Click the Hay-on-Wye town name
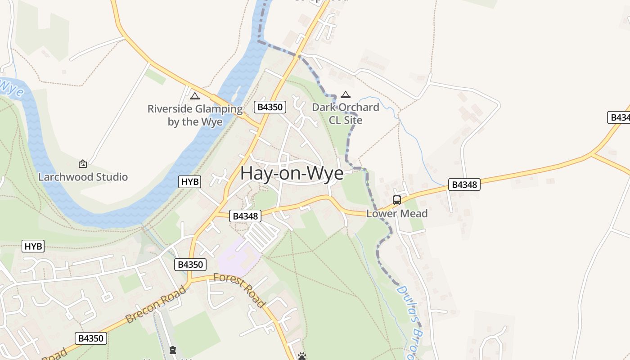tap(292, 174)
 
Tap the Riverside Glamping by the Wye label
tap(195, 115)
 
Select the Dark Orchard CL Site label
tap(346, 113)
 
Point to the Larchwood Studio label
tap(83, 177)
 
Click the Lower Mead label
tap(397, 213)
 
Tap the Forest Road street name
tap(239, 290)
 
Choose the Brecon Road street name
tap(156, 305)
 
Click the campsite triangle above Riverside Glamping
tap(194, 96)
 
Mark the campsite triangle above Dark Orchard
tap(345, 95)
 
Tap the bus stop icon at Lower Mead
tap(397, 200)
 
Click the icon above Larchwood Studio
tap(83, 164)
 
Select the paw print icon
tap(302, 356)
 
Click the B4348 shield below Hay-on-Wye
tap(245, 216)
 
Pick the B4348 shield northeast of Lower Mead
tap(464, 184)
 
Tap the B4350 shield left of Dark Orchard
tap(270, 107)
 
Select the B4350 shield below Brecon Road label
tap(91, 338)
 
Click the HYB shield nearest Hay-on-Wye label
tap(189, 182)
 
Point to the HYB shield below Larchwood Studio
tap(33, 246)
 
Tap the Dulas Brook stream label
tap(410, 322)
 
